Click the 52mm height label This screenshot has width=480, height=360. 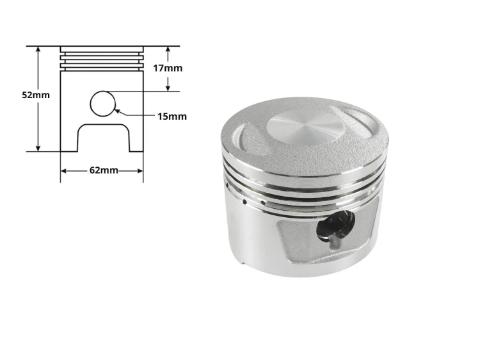pos(36,95)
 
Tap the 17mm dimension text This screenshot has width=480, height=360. pos(168,68)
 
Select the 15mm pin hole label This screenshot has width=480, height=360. pos(172,117)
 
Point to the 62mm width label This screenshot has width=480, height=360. pos(104,170)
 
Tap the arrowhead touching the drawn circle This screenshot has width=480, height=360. pos(117,111)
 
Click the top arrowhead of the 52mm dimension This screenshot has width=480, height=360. pos(38,50)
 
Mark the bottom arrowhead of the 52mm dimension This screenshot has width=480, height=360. pos(38,148)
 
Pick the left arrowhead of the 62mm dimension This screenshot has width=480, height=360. pos(64,170)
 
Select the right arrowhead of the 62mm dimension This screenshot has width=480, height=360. pos(140,170)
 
